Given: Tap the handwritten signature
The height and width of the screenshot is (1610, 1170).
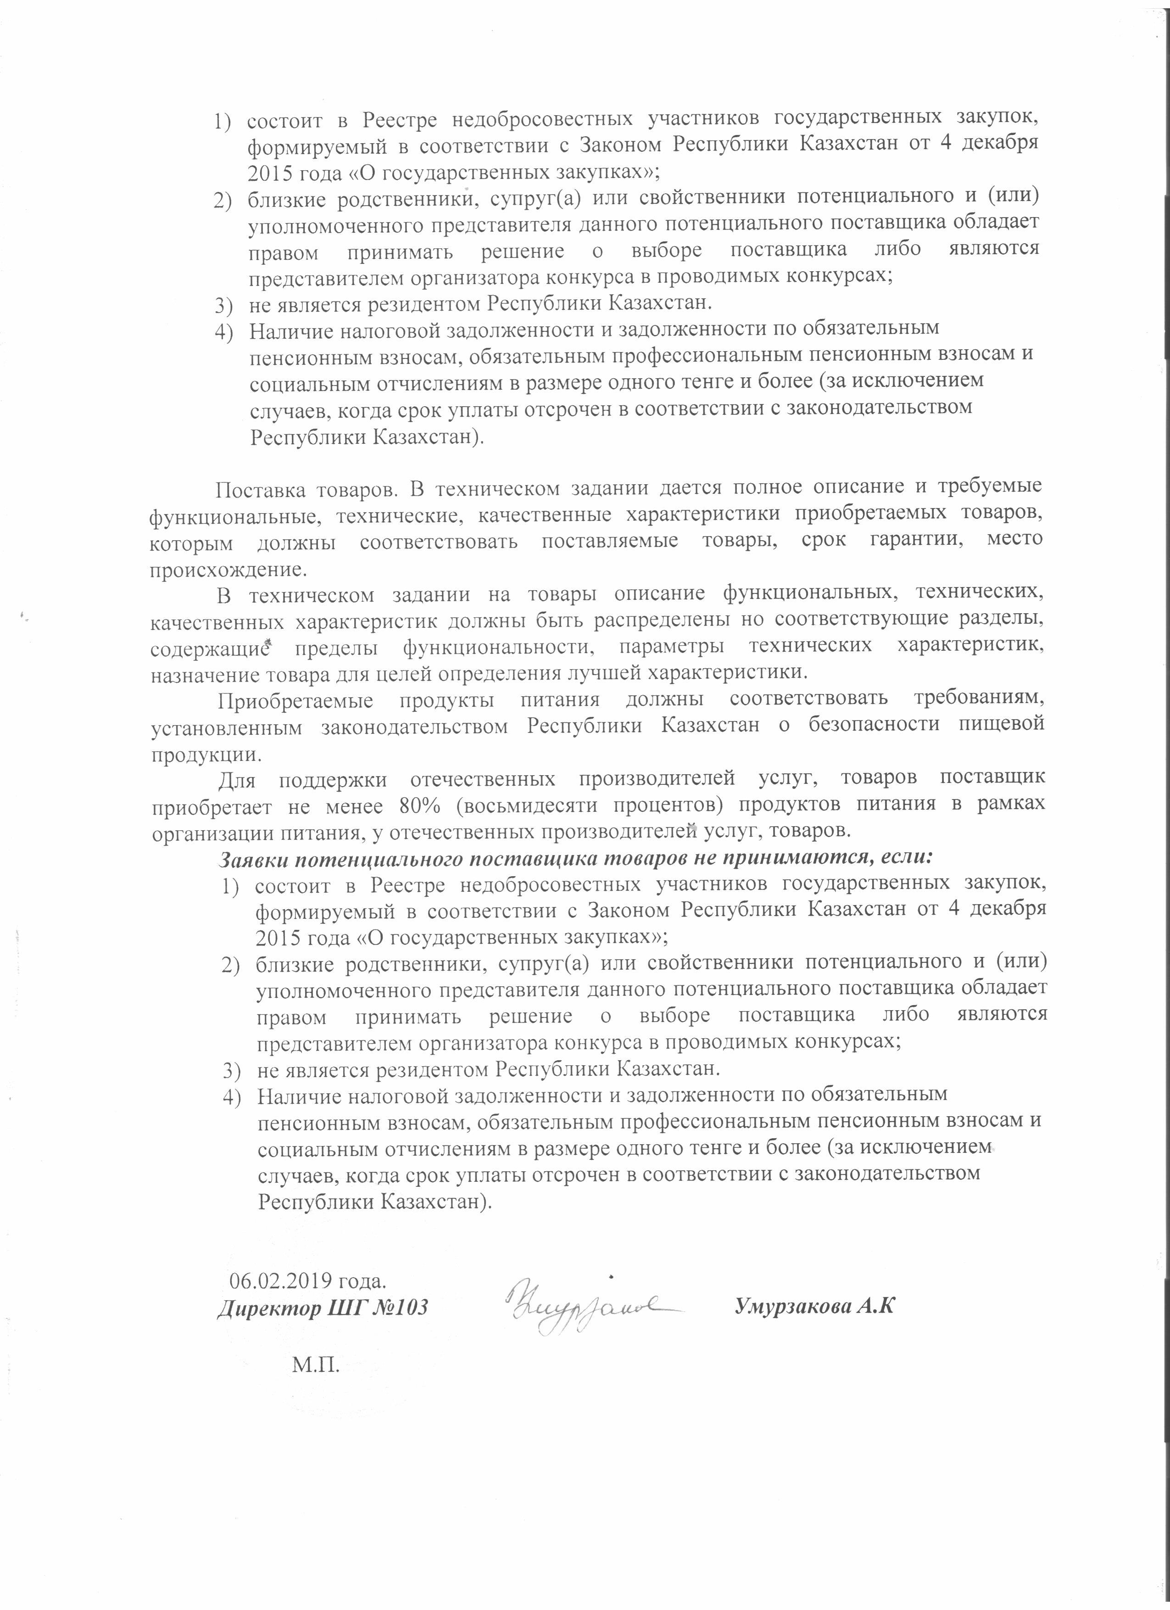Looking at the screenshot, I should click(x=592, y=1305).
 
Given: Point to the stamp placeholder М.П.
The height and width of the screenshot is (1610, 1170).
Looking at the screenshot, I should click(x=316, y=1364).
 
